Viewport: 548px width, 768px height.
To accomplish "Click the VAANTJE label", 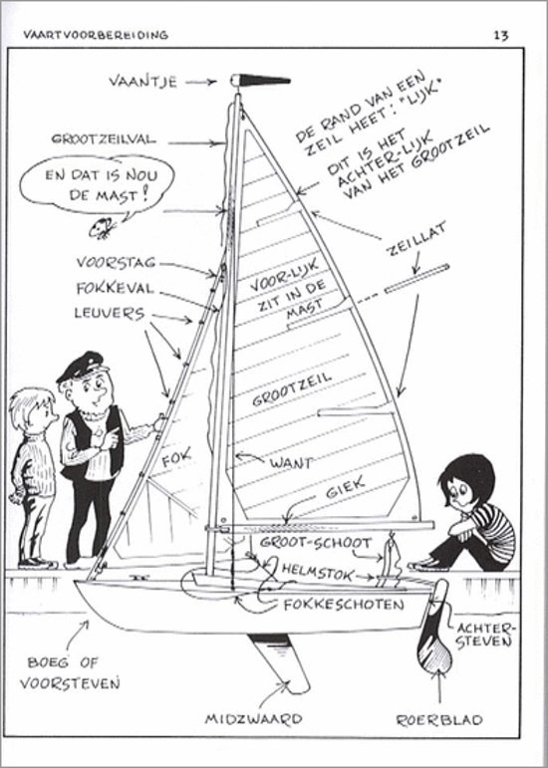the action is tap(143, 81).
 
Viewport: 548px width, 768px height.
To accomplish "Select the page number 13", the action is tap(501, 35).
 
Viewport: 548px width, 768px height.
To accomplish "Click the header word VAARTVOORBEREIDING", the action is tap(96, 35).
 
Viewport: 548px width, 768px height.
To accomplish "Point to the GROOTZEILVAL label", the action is tap(104, 139).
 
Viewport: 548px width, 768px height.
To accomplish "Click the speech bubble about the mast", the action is tap(97, 185).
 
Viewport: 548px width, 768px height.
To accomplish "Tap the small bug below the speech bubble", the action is tap(103, 228).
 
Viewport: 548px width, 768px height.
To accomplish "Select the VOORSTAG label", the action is tap(116, 263).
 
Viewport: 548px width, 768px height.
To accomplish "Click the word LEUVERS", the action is tap(110, 313).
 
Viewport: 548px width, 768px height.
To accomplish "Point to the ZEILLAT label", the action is tap(416, 238).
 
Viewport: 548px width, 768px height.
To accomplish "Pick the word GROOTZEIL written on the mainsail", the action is tap(292, 389).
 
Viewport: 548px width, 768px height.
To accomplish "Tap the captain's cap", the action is tap(82, 365).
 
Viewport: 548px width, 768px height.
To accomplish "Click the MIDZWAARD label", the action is tap(253, 718).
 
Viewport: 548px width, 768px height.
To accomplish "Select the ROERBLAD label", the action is tap(439, 719).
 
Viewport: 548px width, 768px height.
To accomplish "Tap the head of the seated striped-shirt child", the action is tap(465, 482).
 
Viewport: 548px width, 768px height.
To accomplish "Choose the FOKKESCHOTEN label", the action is tap(344, 605).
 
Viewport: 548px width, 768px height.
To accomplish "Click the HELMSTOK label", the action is tap(317, 572).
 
